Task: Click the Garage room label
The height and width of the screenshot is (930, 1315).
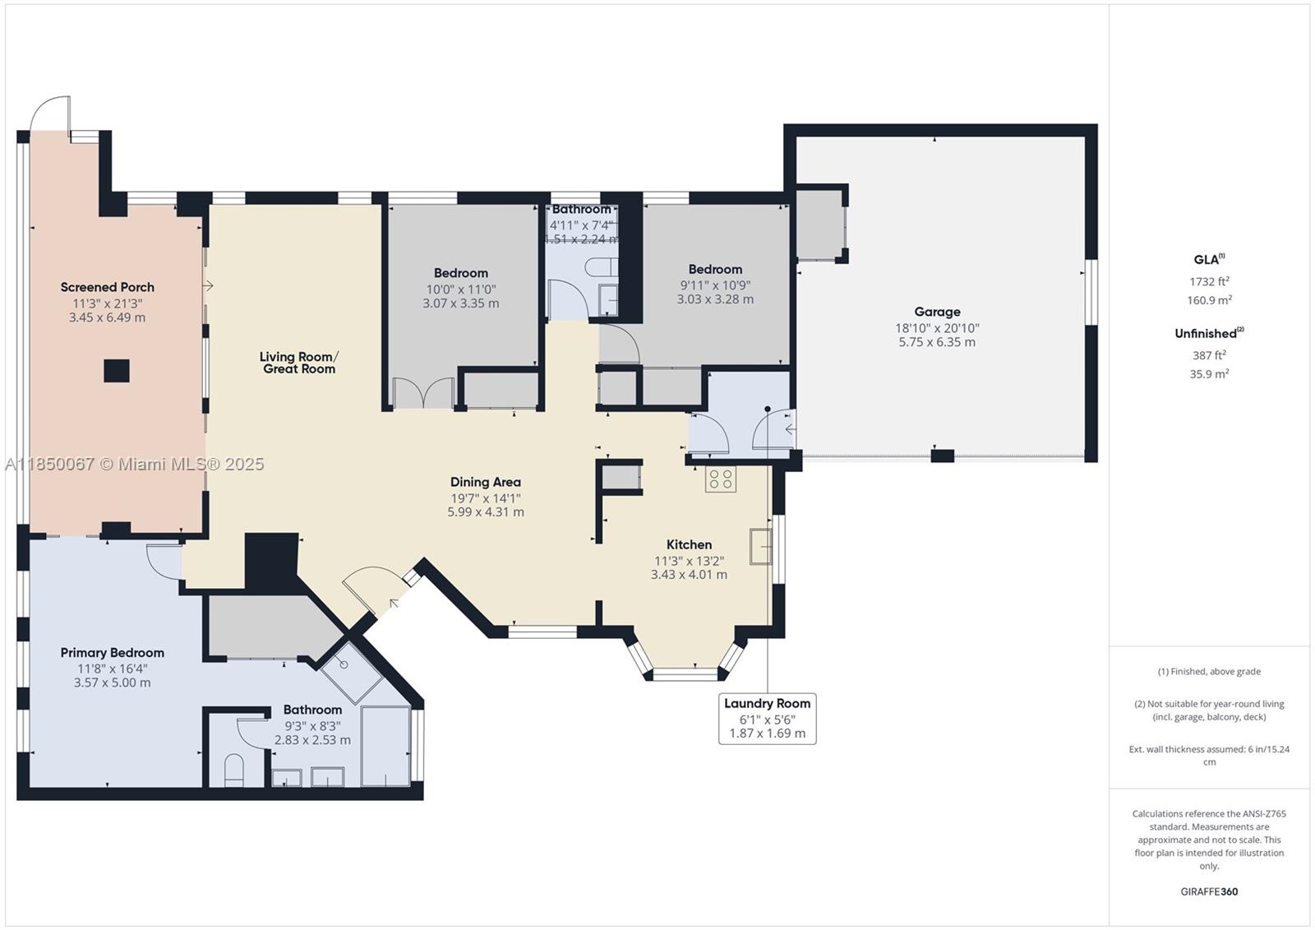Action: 937,312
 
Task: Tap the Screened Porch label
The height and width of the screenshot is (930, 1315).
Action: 108,287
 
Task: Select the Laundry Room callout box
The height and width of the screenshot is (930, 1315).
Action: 767,718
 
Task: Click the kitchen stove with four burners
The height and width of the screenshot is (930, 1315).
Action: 721,479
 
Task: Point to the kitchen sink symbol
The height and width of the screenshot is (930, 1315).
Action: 760,547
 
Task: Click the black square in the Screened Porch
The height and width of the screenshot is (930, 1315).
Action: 117,371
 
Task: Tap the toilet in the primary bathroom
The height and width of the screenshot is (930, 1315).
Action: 234,770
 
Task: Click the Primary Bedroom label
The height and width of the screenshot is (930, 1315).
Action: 112,653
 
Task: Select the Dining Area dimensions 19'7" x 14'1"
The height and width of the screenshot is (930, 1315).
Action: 485,497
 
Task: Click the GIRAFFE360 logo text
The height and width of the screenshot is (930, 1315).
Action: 1209,891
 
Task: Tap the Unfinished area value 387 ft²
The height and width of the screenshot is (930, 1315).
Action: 1209,355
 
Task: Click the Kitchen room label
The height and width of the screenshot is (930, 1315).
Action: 689,544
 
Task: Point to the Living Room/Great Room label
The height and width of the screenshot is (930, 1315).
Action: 299,363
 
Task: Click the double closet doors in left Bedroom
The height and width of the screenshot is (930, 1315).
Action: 424,393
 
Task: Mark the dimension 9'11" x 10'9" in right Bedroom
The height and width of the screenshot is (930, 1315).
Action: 715,285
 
